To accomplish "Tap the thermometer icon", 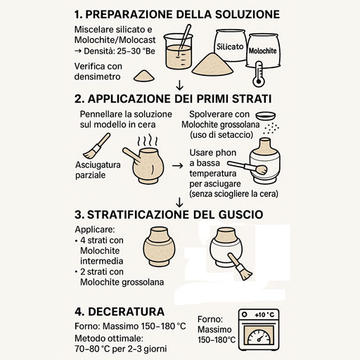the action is tap(259, 74).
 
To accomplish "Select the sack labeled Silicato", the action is tap(230, 46).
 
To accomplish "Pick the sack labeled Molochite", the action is tap(263, 51).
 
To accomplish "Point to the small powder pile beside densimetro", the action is tap(144, 76).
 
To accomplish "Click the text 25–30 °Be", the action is tap(136, 51).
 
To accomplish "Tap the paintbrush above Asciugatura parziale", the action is tap(96, 146).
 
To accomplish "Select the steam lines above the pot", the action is tap(148, 140).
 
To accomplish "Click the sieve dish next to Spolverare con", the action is tap(266, 116).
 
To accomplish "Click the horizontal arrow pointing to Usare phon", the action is tap(177, 166).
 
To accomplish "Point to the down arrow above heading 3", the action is tap(179, 202).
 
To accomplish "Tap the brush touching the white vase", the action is tap(240, 266).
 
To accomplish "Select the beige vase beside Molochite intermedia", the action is tap(159, 247).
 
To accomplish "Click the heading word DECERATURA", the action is tap(127, 311).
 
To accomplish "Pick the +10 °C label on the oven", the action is tap(264, 314).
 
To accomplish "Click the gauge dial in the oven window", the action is tap(259, 337).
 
